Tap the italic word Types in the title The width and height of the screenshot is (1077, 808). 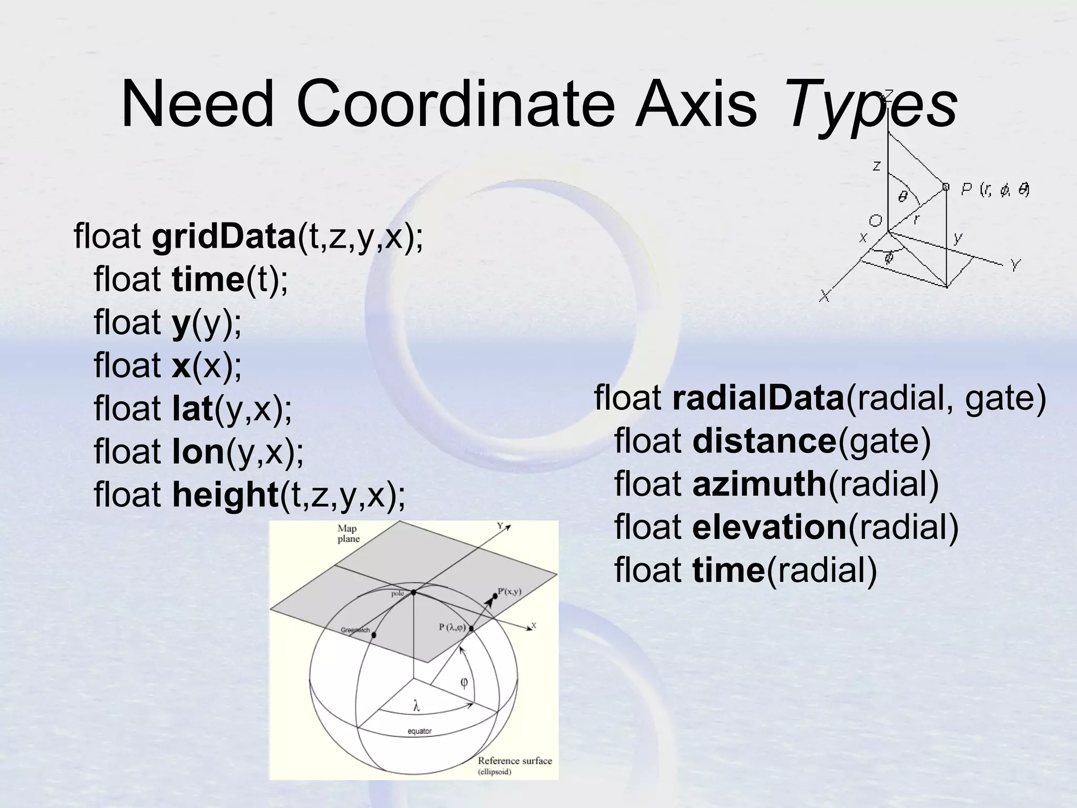(x=871, y=105)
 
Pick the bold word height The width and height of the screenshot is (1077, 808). (x=225, y=495)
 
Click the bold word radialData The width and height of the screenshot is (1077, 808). (x=758, y=398)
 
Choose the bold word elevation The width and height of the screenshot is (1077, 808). (x=769, y=527)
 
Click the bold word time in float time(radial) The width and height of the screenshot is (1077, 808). (x=728, y=570)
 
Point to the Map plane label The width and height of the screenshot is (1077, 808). (x=348, y=534)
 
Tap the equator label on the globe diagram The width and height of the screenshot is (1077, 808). (x=419, y=731)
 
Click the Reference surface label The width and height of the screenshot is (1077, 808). (x=514, y=761)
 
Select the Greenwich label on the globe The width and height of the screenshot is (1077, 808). (x=355, y=630)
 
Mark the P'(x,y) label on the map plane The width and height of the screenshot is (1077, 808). (x=509, y=591)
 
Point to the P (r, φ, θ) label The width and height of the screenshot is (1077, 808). (x=994, y=189)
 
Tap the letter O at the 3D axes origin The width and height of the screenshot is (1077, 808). (x=875, y=220)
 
